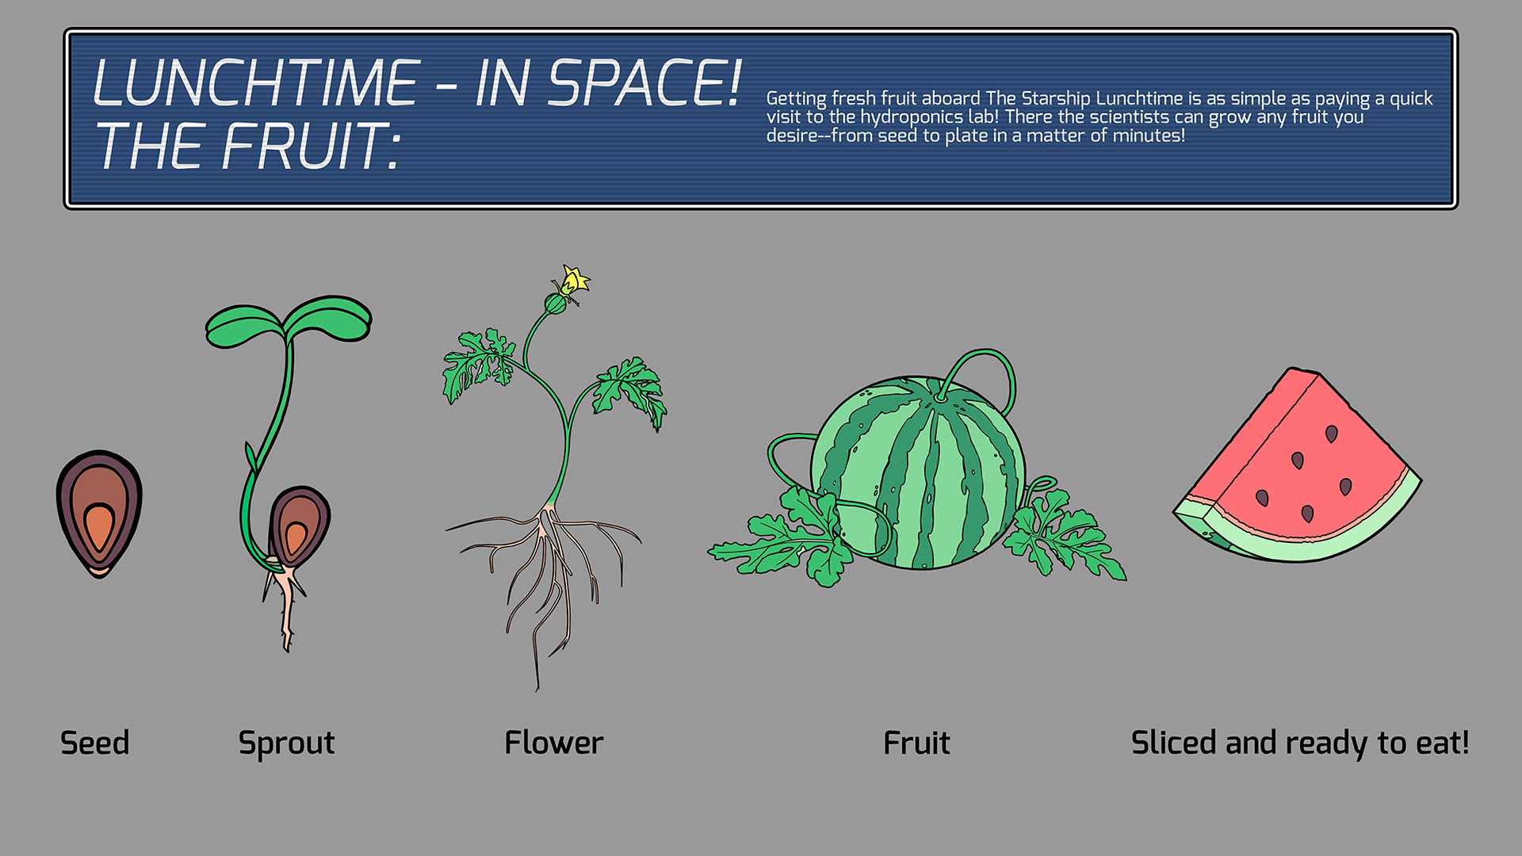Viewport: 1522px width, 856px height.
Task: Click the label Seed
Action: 94,743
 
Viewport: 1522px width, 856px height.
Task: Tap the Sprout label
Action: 286,743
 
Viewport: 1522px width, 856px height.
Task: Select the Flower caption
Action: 553,743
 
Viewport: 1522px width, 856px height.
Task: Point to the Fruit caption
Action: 916,743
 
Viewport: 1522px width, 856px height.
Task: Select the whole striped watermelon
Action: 920,476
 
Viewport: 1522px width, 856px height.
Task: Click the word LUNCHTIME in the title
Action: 255,83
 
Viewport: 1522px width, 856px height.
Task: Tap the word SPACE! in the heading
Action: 644,83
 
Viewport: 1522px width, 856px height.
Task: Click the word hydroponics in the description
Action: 911,117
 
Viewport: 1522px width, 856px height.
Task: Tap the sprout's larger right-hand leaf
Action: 328,317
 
